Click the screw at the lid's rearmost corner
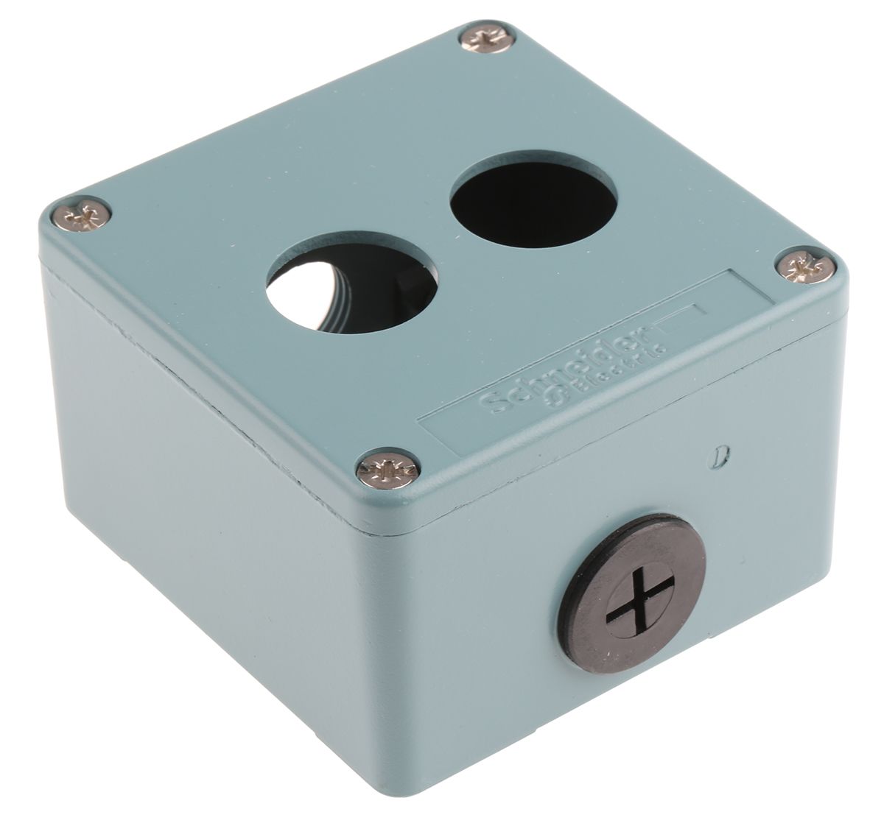click(x=486, y=38)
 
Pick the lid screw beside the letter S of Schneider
click(x=387, y=469)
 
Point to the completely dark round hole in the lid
click(x=533, y=199)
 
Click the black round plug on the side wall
click(x=631, y=582)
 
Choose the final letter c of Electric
click(x=659, y=345)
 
